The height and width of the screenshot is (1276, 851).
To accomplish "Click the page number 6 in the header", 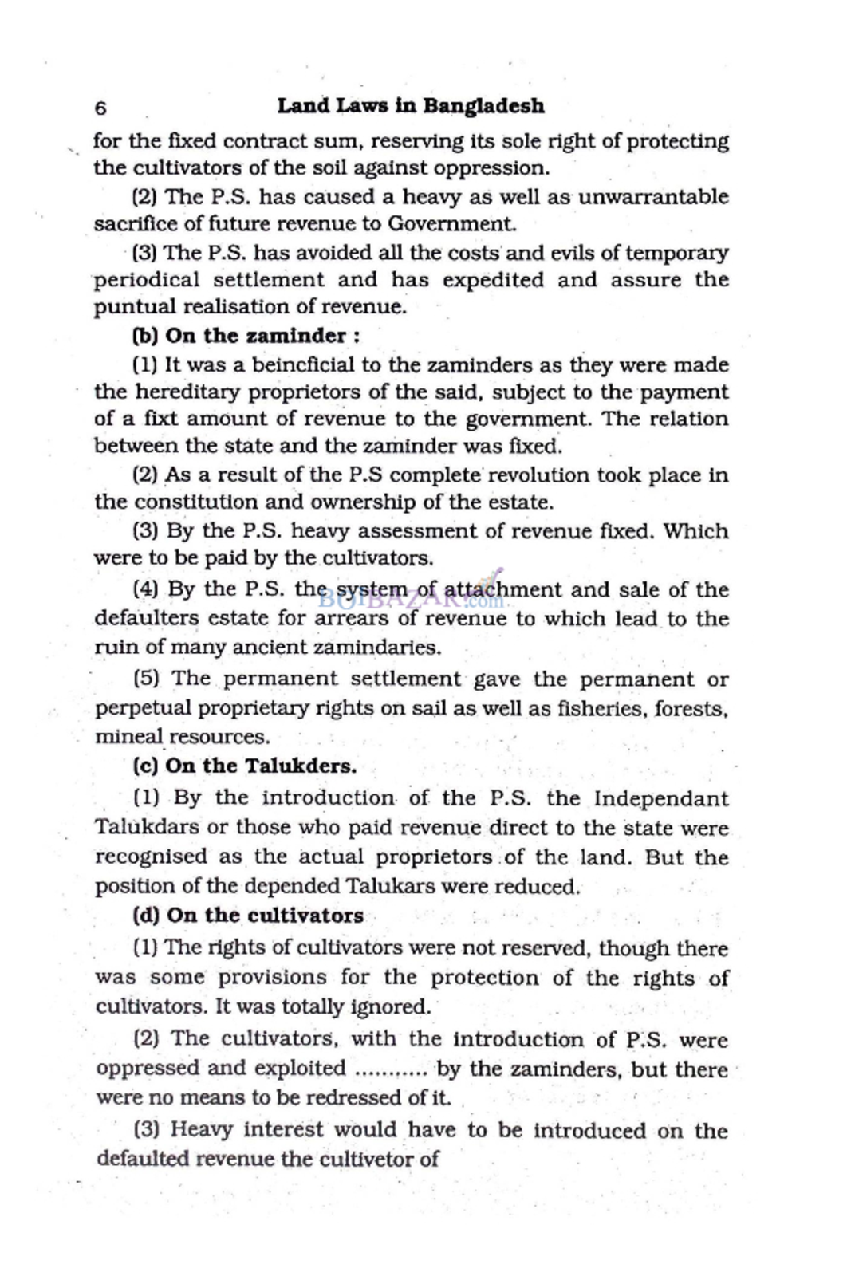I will click(100, 108).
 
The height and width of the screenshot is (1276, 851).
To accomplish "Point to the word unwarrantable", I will click(652, 197).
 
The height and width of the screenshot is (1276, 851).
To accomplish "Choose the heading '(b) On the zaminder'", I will click(246, 336).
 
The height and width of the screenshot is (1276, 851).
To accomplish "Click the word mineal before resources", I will click(128, 737).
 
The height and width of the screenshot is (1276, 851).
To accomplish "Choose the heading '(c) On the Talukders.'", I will click(244, 766).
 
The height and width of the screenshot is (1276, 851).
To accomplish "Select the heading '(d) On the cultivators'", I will click(248, 916).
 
